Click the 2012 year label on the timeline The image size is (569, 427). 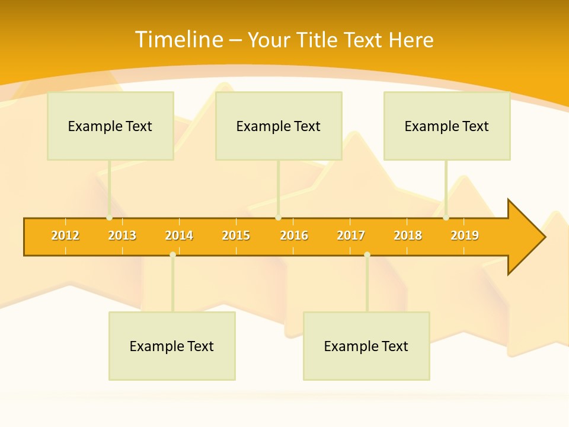65,236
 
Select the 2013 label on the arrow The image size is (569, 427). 122,236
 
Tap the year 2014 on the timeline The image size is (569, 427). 179,236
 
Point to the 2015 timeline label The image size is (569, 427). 236,236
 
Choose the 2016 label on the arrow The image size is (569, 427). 294,236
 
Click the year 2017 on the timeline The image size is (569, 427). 351,236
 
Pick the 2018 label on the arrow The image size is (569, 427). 408,236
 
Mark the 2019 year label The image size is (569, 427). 465,236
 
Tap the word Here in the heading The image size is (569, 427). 411,40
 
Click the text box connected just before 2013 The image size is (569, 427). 110,126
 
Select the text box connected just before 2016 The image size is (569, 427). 279,126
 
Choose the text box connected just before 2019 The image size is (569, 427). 447,126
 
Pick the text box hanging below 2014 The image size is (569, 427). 172,346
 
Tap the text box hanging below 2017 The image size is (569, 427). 366,346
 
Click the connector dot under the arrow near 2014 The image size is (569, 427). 172,254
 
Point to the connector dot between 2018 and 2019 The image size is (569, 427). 446,218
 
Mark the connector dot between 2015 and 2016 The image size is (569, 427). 278,218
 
